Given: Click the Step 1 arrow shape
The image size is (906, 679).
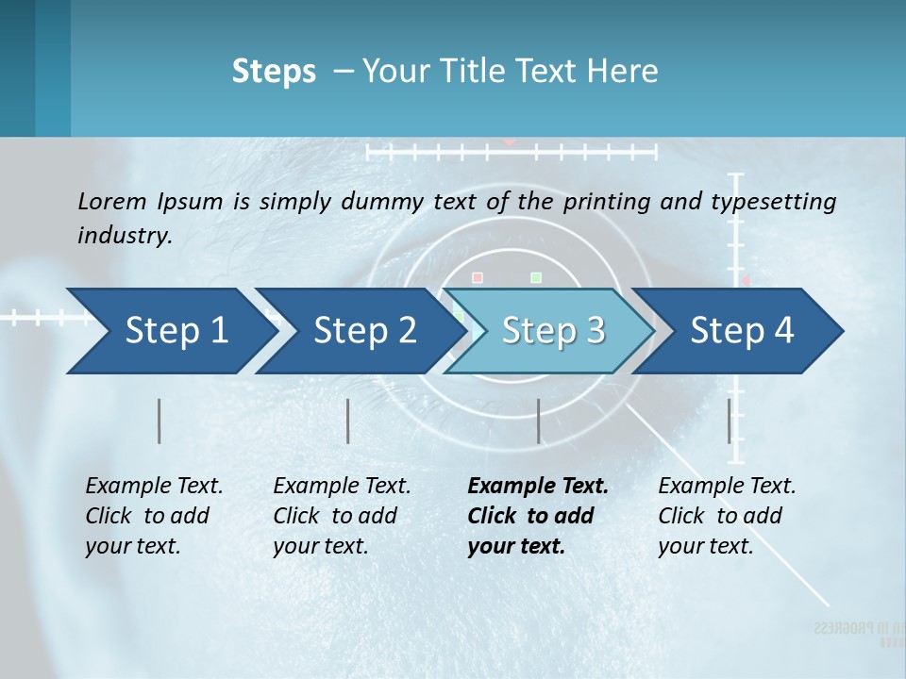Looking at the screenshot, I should tap(170, 331).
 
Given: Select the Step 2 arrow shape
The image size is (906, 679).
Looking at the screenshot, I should tap(359, 331).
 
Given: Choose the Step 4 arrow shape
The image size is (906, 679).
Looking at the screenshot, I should tap(739, 331).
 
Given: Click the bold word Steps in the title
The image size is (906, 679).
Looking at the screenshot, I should tap(274, 72).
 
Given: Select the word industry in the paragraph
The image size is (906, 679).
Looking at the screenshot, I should tap(125, 235).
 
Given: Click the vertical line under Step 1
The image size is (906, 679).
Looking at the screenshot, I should tap(159, 421).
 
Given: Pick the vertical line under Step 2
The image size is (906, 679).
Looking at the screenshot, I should tap(348, 421).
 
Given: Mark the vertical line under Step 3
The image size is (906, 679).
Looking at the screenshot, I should tap(538, 421).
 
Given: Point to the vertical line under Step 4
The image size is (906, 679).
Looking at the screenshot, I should tap(729, 421).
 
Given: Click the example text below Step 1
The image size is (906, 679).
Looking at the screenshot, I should tap(154, 516).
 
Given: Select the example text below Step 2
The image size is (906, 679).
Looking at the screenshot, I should tap(342, 516).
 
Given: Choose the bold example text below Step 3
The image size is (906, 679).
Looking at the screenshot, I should tap(537, 516).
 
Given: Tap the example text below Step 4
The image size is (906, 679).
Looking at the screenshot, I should tap(727, 516).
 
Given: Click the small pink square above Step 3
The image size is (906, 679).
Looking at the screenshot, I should tap(478, 277).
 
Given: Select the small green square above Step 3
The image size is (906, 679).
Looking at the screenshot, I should tap(536, 277).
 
